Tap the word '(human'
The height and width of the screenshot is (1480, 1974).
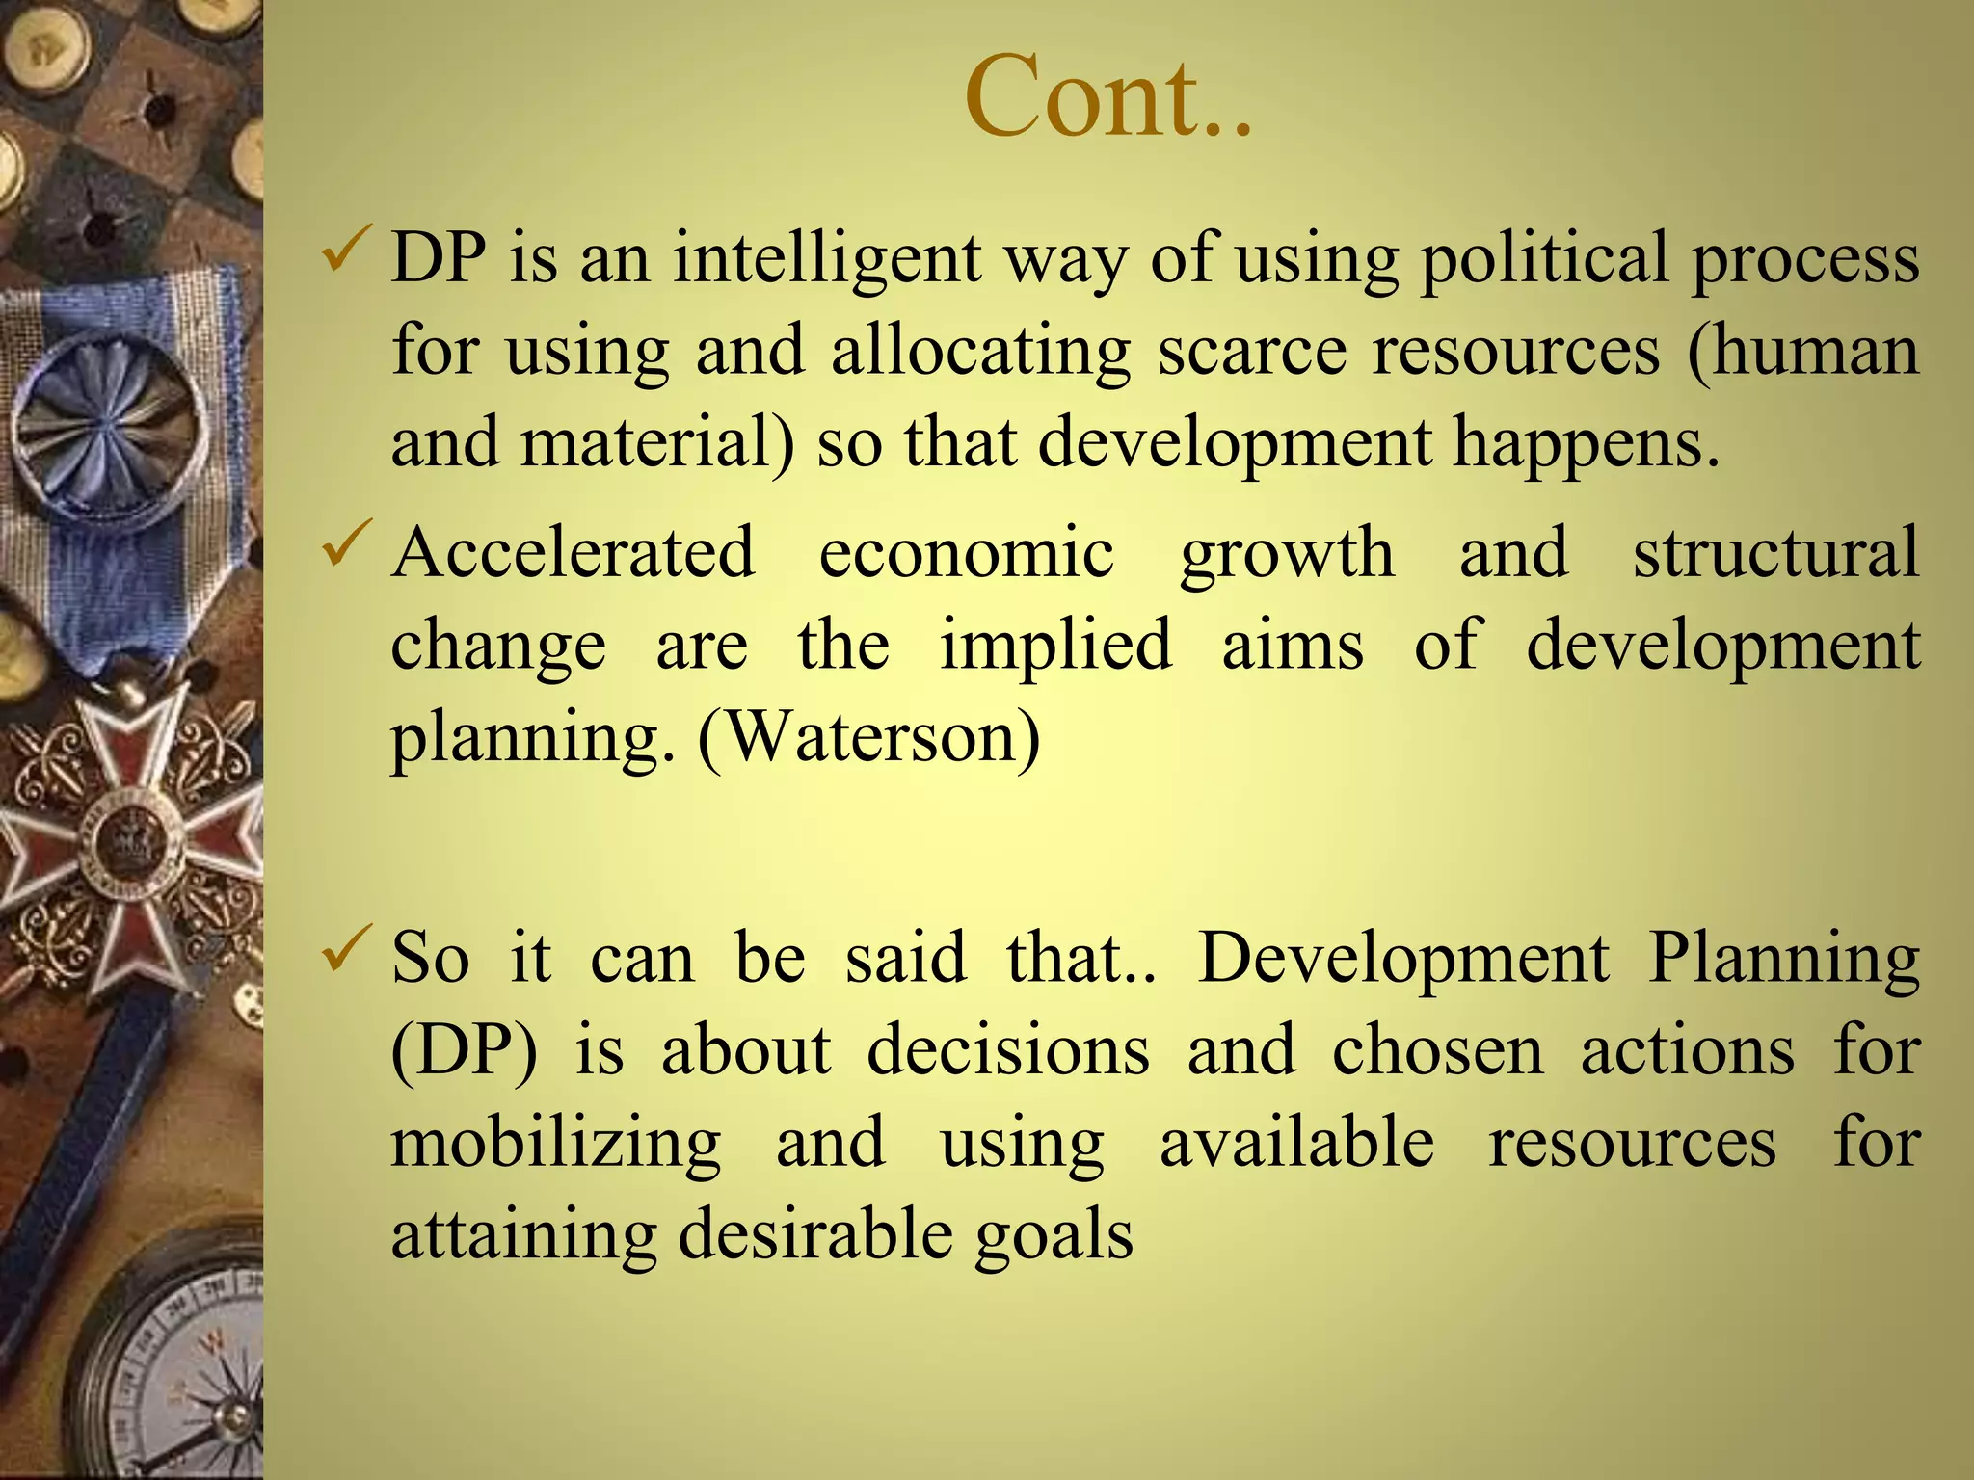pos(1802,352)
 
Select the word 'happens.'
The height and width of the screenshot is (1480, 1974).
pos(1586,444)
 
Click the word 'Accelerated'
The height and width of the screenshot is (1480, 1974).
pos(573,553)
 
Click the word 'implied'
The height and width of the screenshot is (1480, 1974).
pos(1055,647)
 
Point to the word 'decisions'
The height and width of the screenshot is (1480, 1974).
pos(1008,1050)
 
